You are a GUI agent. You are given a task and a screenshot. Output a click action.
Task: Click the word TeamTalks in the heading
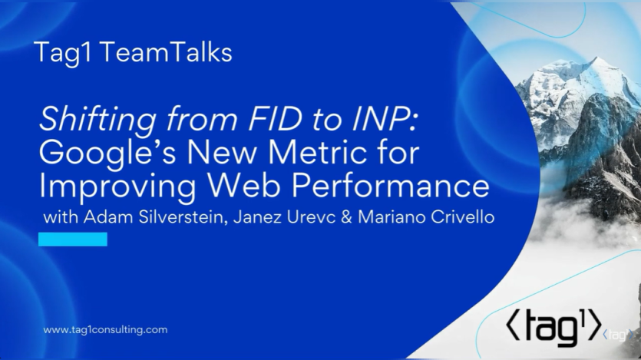166,53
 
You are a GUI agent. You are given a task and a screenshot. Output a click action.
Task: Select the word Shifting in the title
97,120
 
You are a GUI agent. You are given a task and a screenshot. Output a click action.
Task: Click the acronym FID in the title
275,119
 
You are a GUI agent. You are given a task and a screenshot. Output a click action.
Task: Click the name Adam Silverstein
156,217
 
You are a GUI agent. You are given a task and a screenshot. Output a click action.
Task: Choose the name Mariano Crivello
426,217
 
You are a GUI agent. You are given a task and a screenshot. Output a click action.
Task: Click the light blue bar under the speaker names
73,239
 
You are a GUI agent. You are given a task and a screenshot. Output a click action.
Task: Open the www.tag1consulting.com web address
105,330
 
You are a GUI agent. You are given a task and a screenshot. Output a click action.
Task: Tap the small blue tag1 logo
618,335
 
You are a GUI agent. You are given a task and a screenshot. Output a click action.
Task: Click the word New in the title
222,153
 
